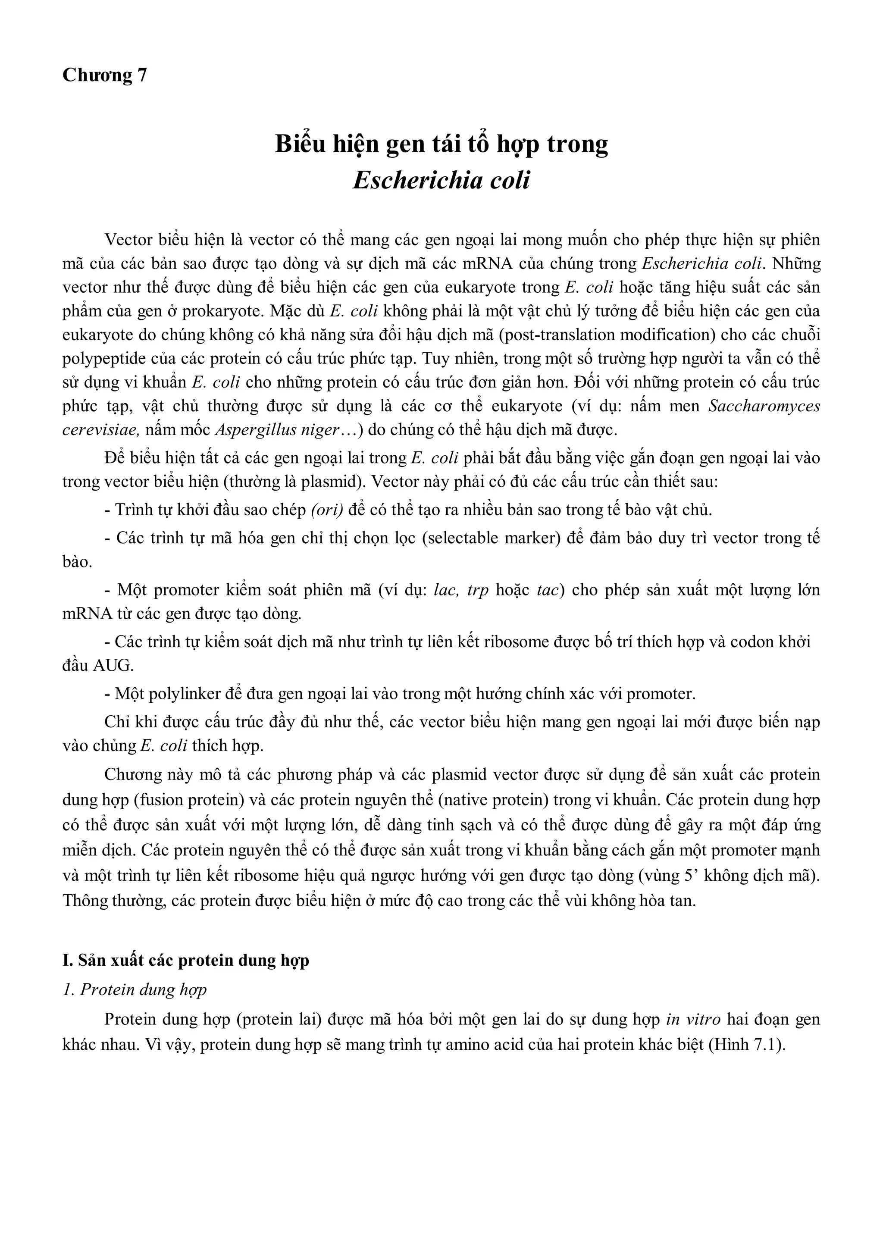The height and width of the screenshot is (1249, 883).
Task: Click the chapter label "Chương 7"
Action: click(x=104, y=75)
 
